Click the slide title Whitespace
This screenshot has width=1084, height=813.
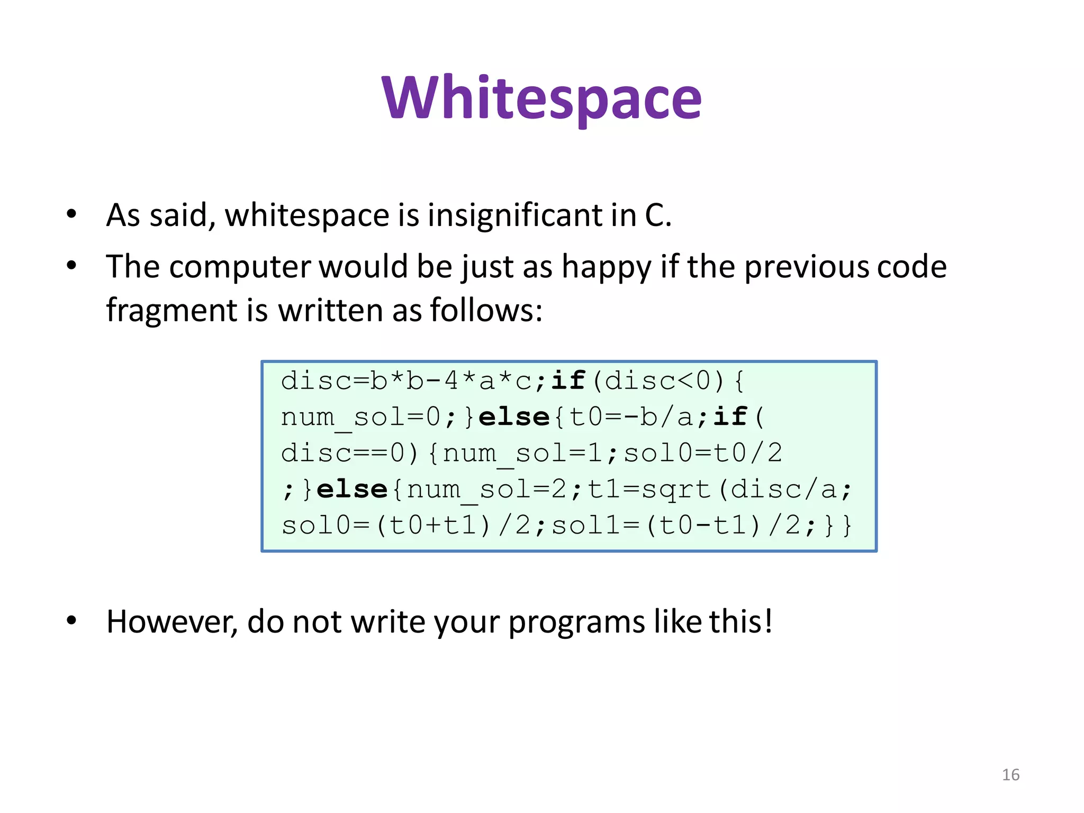point(541,99)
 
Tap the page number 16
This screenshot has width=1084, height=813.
point(1010,775)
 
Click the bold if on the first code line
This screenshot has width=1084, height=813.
point(568,381)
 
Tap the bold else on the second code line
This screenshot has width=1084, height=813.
point(514,417)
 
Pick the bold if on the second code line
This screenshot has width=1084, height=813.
point(730,417)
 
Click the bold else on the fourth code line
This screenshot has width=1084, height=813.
point(352,489)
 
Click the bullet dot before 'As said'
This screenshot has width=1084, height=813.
point(71,214)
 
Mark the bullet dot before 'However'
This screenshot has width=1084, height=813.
point(71,620)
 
